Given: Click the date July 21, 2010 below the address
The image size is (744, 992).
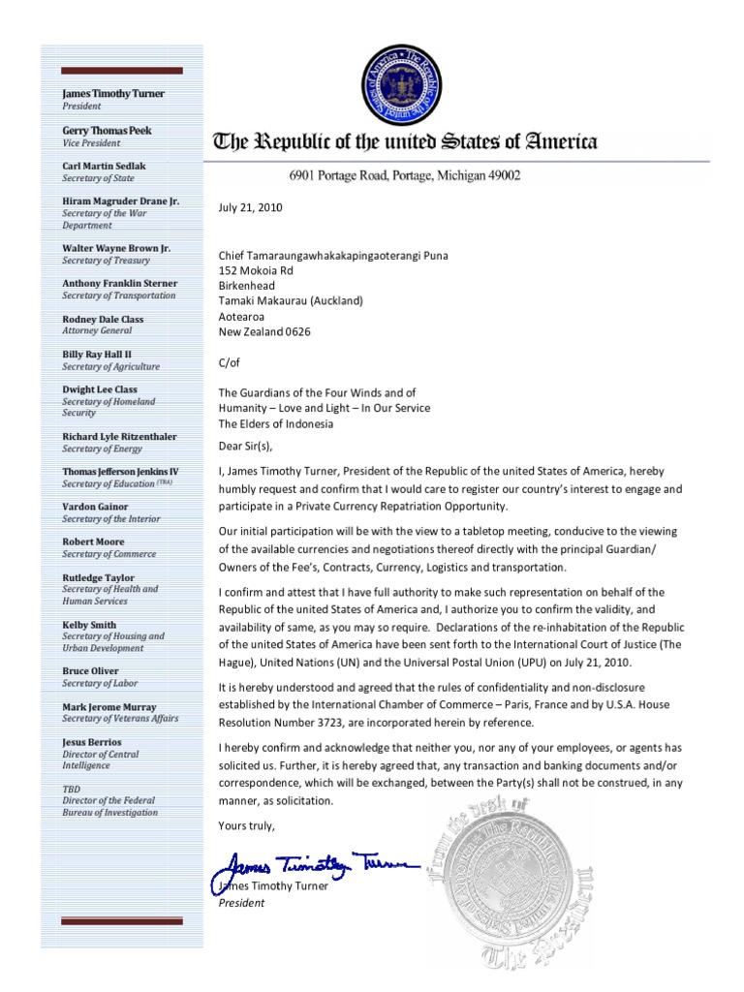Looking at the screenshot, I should [x=252, y=206].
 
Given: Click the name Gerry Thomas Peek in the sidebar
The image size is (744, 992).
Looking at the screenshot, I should [x=107, y=130].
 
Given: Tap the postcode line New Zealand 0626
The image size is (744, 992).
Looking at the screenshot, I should [x=266, y=332].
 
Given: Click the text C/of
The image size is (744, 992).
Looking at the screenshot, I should [x=232, y=362].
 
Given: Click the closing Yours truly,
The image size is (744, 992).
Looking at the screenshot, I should [x=247, y=825].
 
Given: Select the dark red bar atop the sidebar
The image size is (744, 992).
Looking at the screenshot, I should [x=120, y=70].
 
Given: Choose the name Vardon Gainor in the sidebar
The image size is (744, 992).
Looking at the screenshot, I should [x=95, y=507].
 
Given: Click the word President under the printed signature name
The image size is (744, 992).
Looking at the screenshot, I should [x=241, y=902].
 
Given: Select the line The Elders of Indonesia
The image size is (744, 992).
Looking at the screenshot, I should [x=276, y=423].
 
